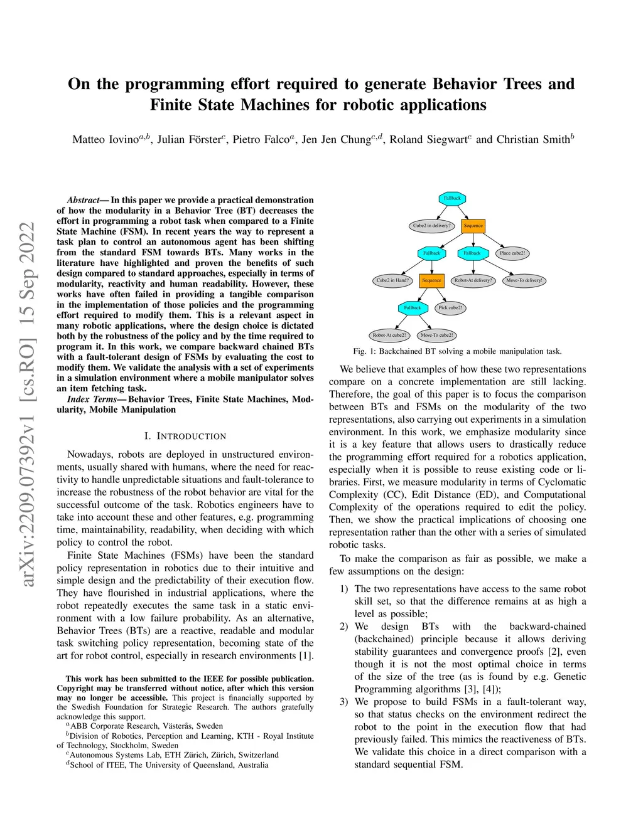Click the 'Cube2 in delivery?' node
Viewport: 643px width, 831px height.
coord(431,226)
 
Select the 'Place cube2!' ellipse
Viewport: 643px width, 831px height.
coord(512,253)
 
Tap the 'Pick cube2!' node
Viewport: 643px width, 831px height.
coord(450,307)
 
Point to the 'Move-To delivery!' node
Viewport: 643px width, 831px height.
coord(524,280)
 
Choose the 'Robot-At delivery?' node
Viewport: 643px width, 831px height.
coord(473,280)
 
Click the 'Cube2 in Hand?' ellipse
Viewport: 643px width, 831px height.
coord(392,280)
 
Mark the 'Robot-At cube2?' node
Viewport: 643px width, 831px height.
coord(389,335)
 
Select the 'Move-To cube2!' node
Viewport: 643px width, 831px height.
coord(436,335)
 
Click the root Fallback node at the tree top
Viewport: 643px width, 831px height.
coord(452,198)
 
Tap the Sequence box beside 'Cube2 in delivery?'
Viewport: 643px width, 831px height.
coord(473,226)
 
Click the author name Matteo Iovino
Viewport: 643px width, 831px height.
coord(105,139)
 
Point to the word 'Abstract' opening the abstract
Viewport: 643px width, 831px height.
coord(83,200)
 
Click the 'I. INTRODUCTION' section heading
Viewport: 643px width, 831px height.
coord(185,436)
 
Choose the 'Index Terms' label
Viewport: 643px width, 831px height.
coord(92,400)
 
